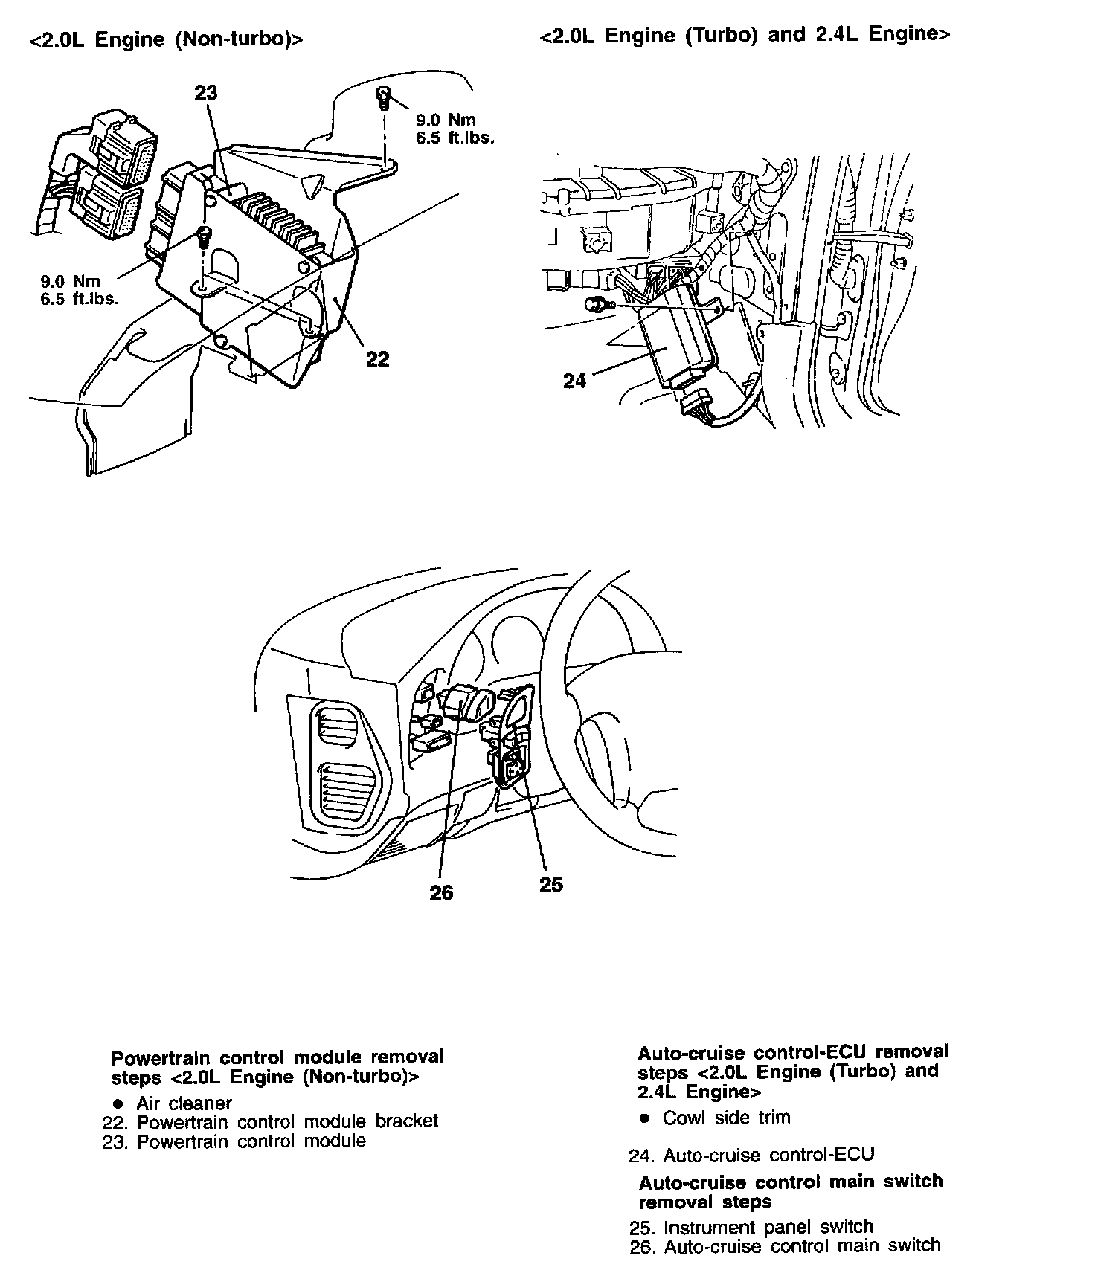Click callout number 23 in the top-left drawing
click(206, 93)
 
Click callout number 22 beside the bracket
click(378, 359)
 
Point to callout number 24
click(574, 381)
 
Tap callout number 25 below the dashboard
click(551, 885)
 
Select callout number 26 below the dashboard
click(441, 893)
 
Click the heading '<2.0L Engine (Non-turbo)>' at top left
click(166, 40)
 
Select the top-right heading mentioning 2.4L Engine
click(745, 36)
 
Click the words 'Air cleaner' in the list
click(184, 1103)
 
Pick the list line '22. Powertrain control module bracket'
click(270, 1121)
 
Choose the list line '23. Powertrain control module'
click(234, 1141)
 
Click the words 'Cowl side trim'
click(726, 1118)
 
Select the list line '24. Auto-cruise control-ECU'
click(751, 1156)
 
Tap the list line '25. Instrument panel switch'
click(751, 1227)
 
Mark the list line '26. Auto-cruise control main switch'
click(785, 1246)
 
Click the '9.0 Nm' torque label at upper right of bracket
click(446, 120)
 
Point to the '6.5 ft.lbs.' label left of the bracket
click(80, 300)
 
